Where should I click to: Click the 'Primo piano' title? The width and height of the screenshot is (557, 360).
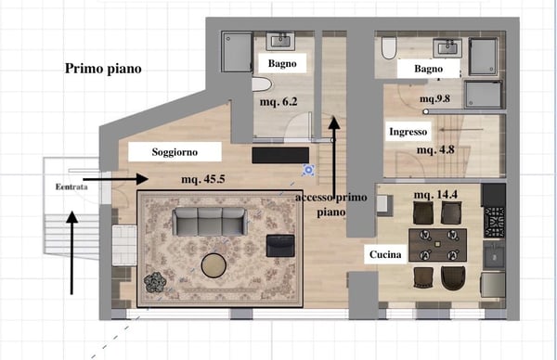[103, 69]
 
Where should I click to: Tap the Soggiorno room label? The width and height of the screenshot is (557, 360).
[175, 152]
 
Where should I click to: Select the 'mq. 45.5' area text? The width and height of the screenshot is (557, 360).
[203, 179]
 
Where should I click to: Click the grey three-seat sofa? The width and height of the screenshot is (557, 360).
[210, 222]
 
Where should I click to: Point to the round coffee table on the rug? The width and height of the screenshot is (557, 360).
[214, 265]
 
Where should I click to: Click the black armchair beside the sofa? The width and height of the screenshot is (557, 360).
[280, 245]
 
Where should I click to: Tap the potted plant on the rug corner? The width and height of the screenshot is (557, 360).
[155, 282]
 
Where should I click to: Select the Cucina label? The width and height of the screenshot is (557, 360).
[385, 254]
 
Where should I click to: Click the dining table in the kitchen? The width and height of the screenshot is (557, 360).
[437, 245]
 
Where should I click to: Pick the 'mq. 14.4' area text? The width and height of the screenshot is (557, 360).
[436, 195]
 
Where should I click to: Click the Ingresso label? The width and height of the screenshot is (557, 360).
[408, 132]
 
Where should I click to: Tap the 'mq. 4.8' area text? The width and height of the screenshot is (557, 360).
[435, 149]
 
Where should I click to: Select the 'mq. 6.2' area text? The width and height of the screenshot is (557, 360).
[278, 102]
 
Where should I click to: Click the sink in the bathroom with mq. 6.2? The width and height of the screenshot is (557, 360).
[280, 42]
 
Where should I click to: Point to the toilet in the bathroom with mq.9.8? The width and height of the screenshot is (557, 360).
[389, 48]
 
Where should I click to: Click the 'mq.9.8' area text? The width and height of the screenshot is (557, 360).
[434, 98]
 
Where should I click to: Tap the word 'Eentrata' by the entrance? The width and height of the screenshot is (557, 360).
[71, 186]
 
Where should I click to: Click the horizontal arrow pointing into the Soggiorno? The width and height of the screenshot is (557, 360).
[115, 179]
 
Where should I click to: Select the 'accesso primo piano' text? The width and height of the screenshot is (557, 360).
[331, 205]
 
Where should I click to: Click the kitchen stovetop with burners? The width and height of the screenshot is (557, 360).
[494, 223]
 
